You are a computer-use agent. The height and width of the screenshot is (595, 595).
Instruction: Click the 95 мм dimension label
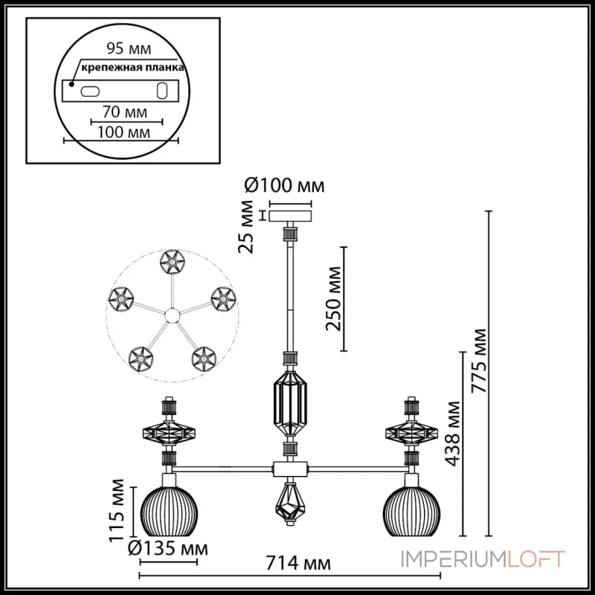point(123,50)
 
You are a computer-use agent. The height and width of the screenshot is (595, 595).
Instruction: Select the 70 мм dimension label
point(124,112)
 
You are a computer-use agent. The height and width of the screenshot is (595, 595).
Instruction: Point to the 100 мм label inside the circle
point(123,132)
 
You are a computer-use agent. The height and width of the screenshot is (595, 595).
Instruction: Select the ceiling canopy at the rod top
point(291,215)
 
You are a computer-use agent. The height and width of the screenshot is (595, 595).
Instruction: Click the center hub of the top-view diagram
point(172,316)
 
